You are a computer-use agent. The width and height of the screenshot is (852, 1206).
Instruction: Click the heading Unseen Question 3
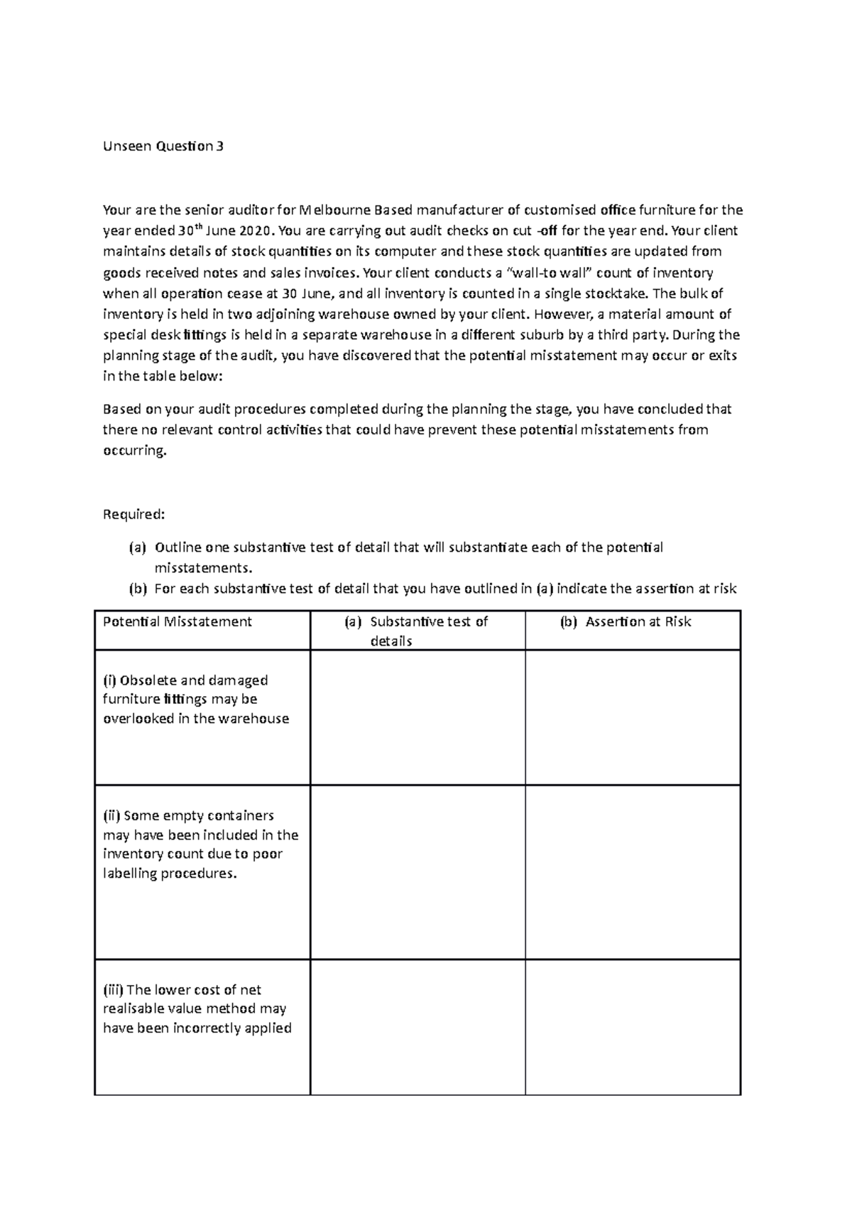tap(163, 147)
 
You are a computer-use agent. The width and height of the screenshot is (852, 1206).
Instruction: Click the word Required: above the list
tap(133, 514)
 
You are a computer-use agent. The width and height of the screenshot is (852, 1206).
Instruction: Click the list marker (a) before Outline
tap(137, 548)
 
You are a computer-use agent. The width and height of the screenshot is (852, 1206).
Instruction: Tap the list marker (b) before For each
tap(137, 589)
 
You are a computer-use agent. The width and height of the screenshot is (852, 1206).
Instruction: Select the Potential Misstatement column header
tap(177, 621)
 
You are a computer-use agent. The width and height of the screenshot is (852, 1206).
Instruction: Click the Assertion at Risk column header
tap(638, 621)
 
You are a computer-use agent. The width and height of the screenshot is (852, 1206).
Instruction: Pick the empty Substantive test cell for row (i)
tap(417, 717)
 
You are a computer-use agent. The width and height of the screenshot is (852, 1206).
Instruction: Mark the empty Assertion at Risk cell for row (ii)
tap(633, 872)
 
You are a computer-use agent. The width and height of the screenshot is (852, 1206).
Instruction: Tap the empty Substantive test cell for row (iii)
tap(417, 1027)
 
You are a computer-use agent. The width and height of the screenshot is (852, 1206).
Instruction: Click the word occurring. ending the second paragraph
tap(135, 451)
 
